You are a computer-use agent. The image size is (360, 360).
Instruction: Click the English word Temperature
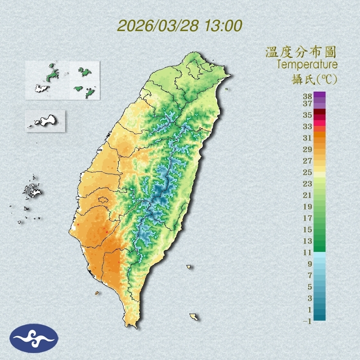(x=307, y=65)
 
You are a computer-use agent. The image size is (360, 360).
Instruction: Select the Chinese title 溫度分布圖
(x=301, y=52)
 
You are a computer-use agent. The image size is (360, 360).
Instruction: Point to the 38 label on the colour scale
(x=308, y=97)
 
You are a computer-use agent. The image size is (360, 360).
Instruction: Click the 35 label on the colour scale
(x=308, y=115)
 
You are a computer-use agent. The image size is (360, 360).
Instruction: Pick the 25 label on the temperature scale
(x=308, y=172)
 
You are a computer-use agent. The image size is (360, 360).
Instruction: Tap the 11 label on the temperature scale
(x=308, y=252)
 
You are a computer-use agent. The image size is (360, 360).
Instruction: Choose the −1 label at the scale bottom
(x=307, y=321)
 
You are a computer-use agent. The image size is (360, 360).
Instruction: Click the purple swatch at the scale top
(x=319, y=94)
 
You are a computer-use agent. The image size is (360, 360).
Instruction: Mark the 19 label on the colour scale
(x=308, y=207)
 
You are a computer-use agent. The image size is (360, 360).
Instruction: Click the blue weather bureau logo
(x=34, y=338)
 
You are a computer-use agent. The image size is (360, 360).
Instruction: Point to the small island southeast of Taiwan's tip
(x=194, y=317)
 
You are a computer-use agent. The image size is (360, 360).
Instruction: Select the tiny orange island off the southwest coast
(x=97, y=293)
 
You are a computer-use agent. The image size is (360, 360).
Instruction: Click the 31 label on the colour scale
(x=308, y=138)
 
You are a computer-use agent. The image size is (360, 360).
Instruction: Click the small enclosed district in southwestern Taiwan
(x=103, y=200)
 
